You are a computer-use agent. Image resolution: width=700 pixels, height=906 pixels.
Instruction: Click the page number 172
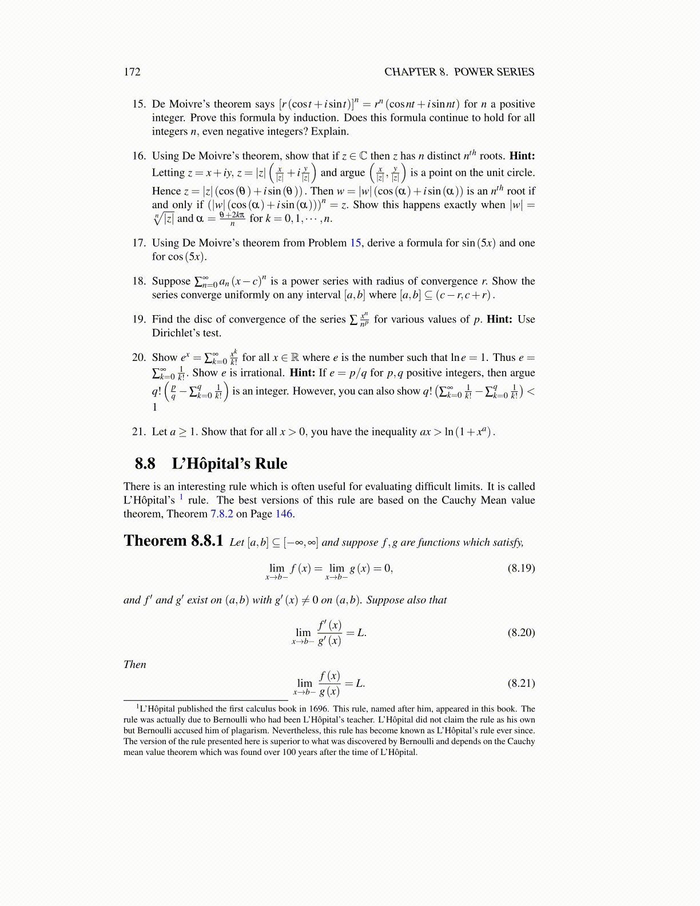pos(132,72)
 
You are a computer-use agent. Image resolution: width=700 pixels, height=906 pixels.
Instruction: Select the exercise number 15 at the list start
pos(139,104)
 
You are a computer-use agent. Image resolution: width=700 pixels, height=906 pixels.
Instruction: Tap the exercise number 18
pos(139,281)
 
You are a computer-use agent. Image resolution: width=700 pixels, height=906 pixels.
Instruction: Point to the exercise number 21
pos(139,432)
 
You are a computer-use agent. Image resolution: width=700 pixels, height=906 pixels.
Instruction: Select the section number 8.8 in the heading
pos(145,463)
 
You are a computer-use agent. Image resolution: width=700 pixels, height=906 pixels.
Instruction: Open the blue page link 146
pos(284,514)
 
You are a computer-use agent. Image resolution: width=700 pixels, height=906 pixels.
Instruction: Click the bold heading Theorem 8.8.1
pos(173,541)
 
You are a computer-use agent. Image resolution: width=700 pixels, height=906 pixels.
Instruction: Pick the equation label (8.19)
pos(521,569)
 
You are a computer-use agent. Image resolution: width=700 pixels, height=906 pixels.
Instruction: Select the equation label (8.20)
pos(521,633)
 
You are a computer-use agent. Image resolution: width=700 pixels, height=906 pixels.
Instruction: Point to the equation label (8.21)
pos(521,683)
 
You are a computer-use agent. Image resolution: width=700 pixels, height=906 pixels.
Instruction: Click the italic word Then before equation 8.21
pos(135,665)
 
